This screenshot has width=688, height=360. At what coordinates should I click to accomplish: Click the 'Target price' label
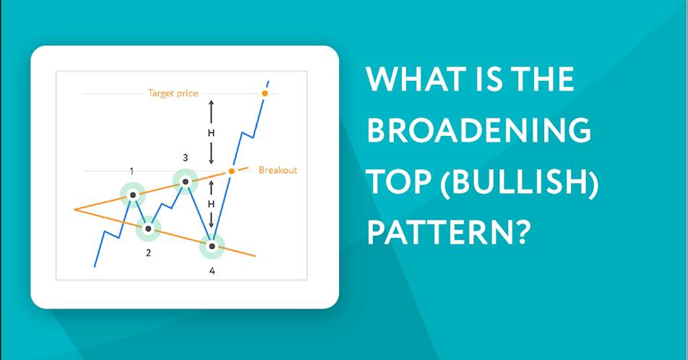pyautogui.click(x=173, y=93)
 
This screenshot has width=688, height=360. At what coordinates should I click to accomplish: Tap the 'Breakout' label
pyautogui.click(x=278, y=170)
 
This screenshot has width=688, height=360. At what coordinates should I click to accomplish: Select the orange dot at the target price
pyautogui.click(x=265, y=93)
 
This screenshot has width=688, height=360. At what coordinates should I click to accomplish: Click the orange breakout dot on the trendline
pyautogui.click(x=232, y=171)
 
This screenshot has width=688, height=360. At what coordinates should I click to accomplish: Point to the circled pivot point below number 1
pyautogui.click(x=132, y=194)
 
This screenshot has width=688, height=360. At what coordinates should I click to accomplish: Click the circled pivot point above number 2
pyautogui.click(x=148, y=228)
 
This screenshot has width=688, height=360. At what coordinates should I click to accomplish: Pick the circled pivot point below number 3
pyautogui.click(x=185, y=181)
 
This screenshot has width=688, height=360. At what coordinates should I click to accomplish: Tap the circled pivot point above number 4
pyautogui.click(x=212, y=246)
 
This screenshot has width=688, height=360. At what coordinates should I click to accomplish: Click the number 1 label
pyautogui.click(x=132, y=171)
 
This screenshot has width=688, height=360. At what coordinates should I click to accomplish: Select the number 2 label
pyautogui.click(x=148, y=253)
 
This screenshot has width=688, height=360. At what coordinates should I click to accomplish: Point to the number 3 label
pyautogui.click(x=185, y=157)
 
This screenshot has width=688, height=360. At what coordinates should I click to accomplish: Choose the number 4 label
pyautogui.click(x=212, y=271)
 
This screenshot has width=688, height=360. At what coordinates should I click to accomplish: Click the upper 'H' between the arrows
pyautogui.click(x=211, y=133)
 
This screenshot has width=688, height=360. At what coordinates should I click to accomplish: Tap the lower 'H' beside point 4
pyautogui.click(x=211, y=204)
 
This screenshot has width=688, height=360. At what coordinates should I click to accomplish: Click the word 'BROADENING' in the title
pyautogui.click(x=478, y=130)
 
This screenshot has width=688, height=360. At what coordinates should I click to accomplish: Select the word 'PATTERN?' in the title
pyautogui.click(x=449, y=232)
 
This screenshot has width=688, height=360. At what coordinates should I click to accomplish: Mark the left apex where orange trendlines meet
pyautogui.click(x=74, y=210)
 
